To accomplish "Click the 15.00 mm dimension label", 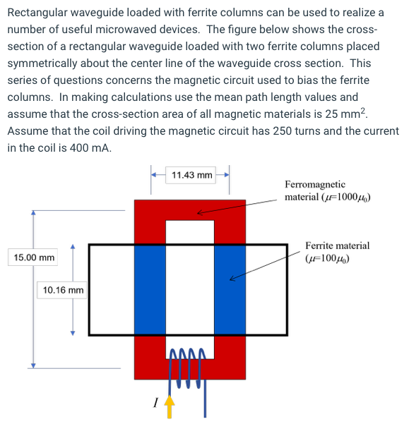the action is click(33, 258).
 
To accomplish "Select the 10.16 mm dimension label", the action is click(63, 290).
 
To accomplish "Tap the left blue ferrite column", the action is click(150, 289).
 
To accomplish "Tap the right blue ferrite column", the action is click(230, 289).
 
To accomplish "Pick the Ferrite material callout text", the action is click(337, 252).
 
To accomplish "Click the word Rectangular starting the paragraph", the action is click(38, 13).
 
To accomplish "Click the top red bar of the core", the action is click(190, 210).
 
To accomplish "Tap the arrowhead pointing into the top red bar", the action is click(199, 211).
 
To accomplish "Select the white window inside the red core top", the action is click(190, 232).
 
